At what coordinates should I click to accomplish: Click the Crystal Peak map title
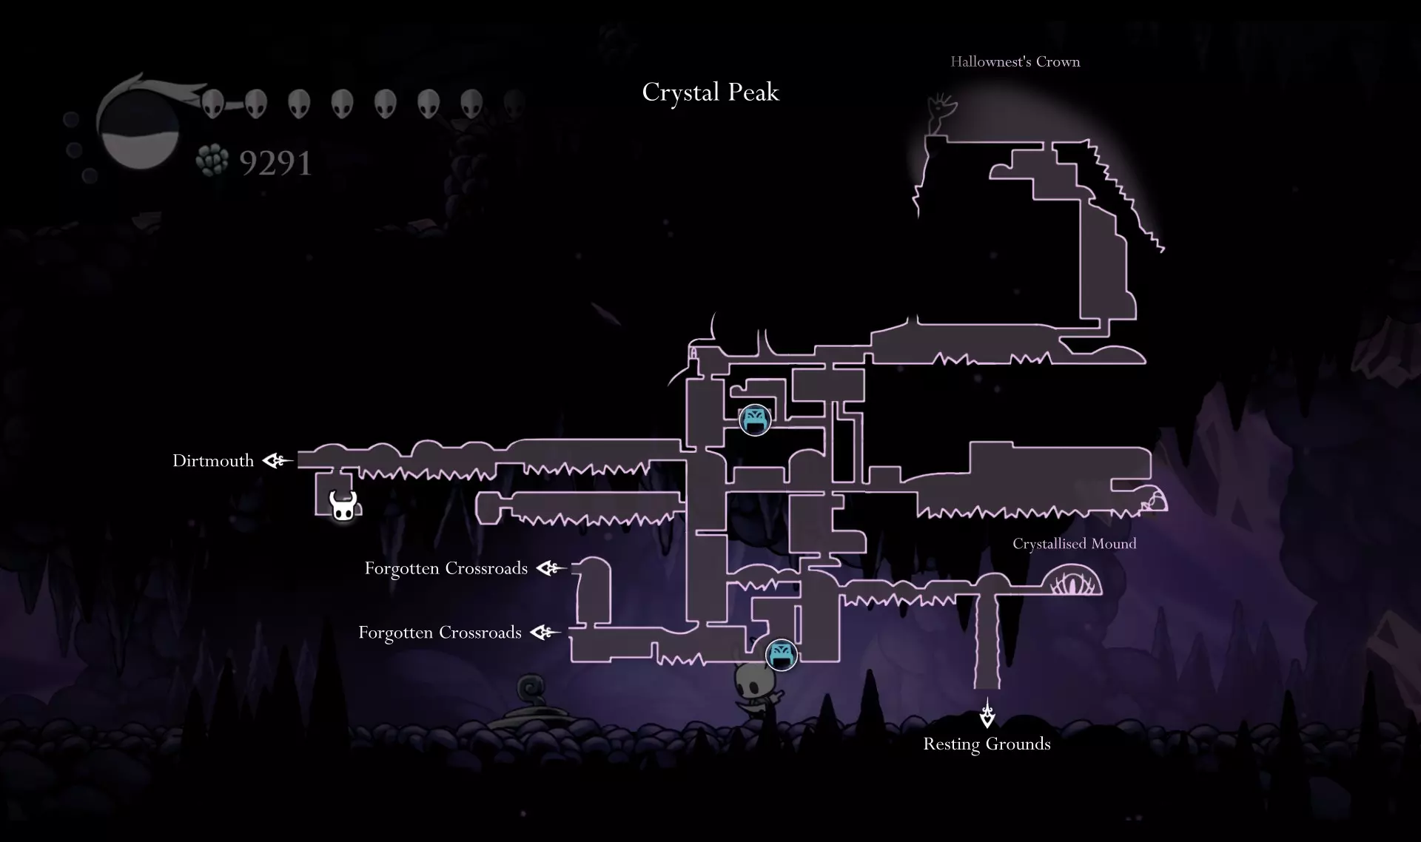[x=710, y=92]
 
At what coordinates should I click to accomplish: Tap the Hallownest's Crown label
[x=1015, y=62]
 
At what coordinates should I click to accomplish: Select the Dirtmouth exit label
[x=213, y=461]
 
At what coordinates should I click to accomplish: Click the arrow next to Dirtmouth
[x=278, y=461]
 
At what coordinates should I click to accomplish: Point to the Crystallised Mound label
[x=1074, y=544]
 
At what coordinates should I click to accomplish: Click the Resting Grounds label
[x=987, y=744]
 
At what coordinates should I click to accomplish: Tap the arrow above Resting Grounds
[x=987, y=713]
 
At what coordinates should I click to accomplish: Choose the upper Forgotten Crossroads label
[x=446, y=568]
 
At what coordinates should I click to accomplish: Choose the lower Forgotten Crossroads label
[x=440, y=633]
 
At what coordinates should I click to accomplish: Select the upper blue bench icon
[x=755, y=420]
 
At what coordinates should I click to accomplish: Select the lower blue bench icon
[x=781, y=654]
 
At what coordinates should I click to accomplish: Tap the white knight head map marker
[x=343, y=506]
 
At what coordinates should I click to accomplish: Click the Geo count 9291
[x=275, y=164]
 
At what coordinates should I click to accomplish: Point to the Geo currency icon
[x=212, y=161]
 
